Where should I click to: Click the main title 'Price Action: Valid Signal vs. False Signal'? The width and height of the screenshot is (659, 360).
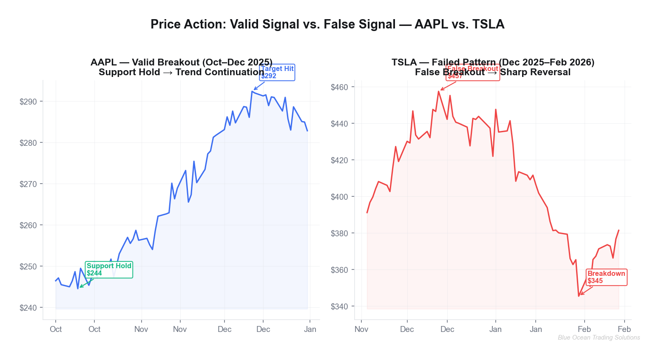[x=327, y=24]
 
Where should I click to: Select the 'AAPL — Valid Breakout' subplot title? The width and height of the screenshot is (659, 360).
[x=182, y=62]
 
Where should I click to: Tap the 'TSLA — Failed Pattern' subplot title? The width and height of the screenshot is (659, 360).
[x=493, y=62]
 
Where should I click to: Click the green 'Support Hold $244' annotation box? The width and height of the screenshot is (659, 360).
[x=109, y=269]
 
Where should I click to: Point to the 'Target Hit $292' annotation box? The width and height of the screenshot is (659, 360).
[x=277, y=72]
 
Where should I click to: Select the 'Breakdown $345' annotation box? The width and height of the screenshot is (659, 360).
[x=606, y=277]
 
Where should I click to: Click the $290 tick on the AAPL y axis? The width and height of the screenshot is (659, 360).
[x=28, y=102]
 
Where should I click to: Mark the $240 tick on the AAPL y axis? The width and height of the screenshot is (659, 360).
[x=28, y=307]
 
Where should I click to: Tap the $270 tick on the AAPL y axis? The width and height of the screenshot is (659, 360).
[x=28, y=184]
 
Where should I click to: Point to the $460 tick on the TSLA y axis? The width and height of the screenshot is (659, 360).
[x=339, y=87]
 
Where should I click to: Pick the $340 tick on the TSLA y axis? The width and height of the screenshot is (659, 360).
[x=339, y=306]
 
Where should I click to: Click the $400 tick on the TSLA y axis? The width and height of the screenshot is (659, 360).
[x=339, y=197]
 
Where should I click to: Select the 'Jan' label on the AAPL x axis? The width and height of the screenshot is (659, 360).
[x=310, y=329]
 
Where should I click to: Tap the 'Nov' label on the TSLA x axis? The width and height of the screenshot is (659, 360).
[x=361, y=329]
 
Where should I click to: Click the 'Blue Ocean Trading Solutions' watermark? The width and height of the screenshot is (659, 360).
[x=599, y=337]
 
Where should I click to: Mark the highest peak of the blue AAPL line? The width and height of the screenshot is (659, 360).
[x=252, y=91]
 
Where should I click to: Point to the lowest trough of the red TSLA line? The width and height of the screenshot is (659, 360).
[x=579, y=296]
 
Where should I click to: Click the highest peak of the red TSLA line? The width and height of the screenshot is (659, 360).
[x=438, y=91]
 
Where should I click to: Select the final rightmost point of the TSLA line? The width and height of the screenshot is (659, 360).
[x=619, y=230]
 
